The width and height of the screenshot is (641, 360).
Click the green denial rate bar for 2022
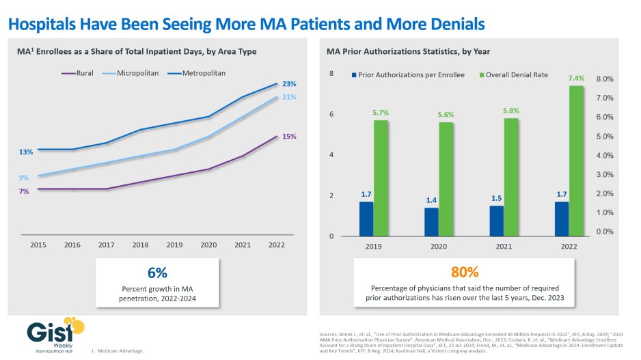tap(575, 161)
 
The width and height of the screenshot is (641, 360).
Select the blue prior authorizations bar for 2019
tap(366, 219)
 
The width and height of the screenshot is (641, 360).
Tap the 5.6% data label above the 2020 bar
tap(446, 115)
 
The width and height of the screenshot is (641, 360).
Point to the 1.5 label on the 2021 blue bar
tap(497, 198)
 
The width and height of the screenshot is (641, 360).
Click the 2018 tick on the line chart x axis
tap(140, 244)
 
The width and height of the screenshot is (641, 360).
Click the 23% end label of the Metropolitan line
tap(289, 84)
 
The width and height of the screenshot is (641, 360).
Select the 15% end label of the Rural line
tap(289, 136)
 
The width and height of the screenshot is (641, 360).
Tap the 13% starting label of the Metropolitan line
tap(26, 152)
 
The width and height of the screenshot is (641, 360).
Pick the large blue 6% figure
tap(157, 272)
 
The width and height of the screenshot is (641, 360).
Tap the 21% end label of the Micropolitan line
tap(289, 97)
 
